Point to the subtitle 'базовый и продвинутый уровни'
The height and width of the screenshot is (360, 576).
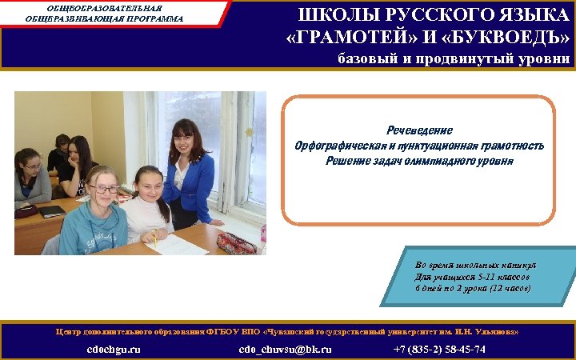tap(453, 58)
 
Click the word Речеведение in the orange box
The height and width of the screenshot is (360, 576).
tap(419, 130)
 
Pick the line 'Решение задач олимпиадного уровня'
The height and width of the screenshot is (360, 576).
tap(419, 161)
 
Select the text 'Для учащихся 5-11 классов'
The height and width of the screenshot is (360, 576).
tap(467, 276)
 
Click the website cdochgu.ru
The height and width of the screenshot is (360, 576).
tap(114, 350)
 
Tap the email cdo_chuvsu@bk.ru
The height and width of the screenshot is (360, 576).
tap(286, 350)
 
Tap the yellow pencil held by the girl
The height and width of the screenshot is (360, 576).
tap(154, 236)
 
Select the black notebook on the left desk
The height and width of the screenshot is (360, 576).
tap(51, 211)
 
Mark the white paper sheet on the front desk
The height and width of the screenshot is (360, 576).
tap(178, 244)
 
